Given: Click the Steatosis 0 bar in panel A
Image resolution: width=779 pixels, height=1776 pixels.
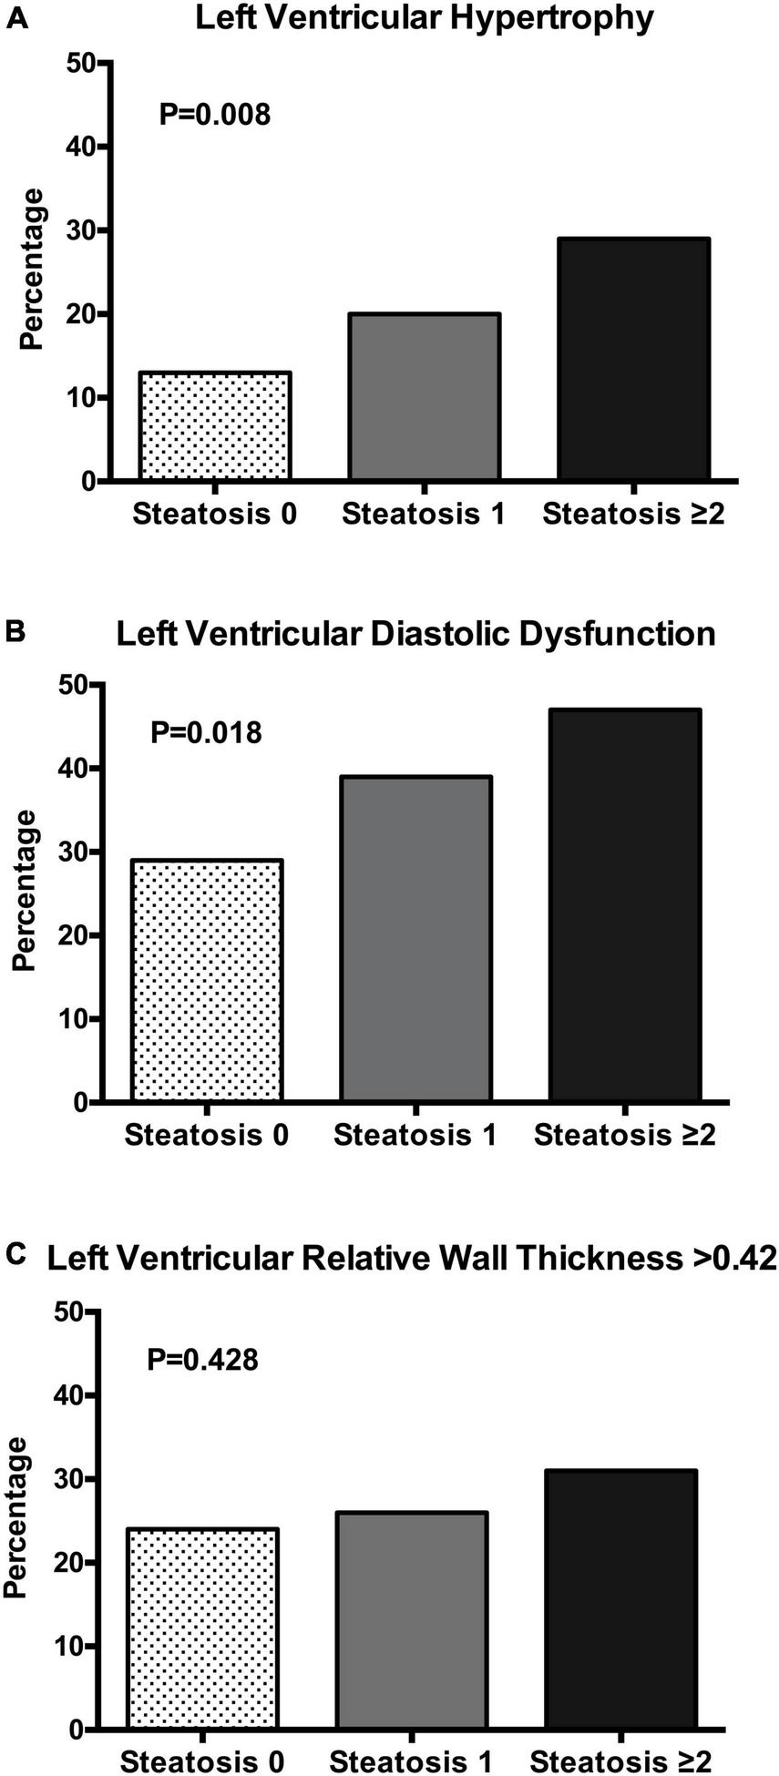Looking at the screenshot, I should click(215, 425).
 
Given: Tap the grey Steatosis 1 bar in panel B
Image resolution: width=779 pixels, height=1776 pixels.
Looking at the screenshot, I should click(415, 938).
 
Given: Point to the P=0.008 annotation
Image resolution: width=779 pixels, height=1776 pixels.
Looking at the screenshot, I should click(215, 115).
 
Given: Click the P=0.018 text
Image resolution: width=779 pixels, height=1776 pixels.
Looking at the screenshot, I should click(206, 732).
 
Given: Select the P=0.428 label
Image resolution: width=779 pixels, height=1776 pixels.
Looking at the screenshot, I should click(202, 1360).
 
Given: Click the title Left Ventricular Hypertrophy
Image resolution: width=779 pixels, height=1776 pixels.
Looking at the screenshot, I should click(425, 18).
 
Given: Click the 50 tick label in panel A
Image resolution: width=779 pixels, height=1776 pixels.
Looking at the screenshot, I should click(80, 63).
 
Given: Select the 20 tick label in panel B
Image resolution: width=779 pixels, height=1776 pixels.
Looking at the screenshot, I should click(71, 935).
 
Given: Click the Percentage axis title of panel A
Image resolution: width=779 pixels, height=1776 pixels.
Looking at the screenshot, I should click(33, 269).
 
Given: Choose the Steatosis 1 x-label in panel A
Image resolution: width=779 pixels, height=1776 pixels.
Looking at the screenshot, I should click(424, 514).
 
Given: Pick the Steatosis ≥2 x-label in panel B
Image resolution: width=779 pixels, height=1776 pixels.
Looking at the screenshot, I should click(625, 1135).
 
